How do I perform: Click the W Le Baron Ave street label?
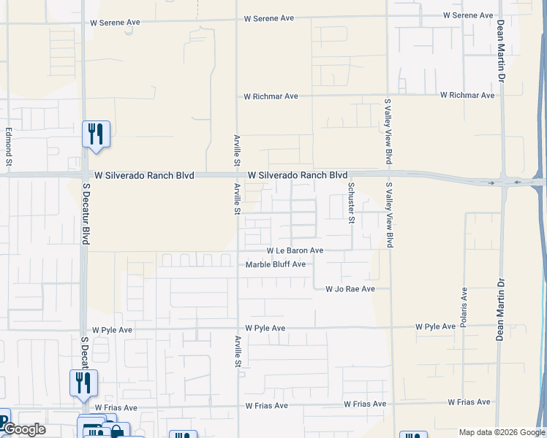pyautogui.click(x=295, y=250)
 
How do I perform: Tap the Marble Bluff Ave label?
pyautogui.click(x=275, y=264)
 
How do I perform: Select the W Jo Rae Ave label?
pyautogui.click(x=350, y=289)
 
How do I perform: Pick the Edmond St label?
pyautogui.click(x=10, y=146)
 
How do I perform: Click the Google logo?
pyautogui.click(x=23, y=429)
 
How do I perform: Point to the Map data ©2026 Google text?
pyautogui.click(x=501, y=432)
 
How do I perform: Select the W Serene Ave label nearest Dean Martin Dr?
pyautogui.click(x=469, y=15)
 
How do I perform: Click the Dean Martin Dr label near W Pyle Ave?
pyautogui.click(x=501, y=310)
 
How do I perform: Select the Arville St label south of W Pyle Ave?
pyautogui.click(x=238, y=352)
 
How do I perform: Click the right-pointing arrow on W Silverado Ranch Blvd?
pyautogui.click(x=492, y=182)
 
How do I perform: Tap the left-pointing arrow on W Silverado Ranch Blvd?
pyautogui.click(x=518, y=182)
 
